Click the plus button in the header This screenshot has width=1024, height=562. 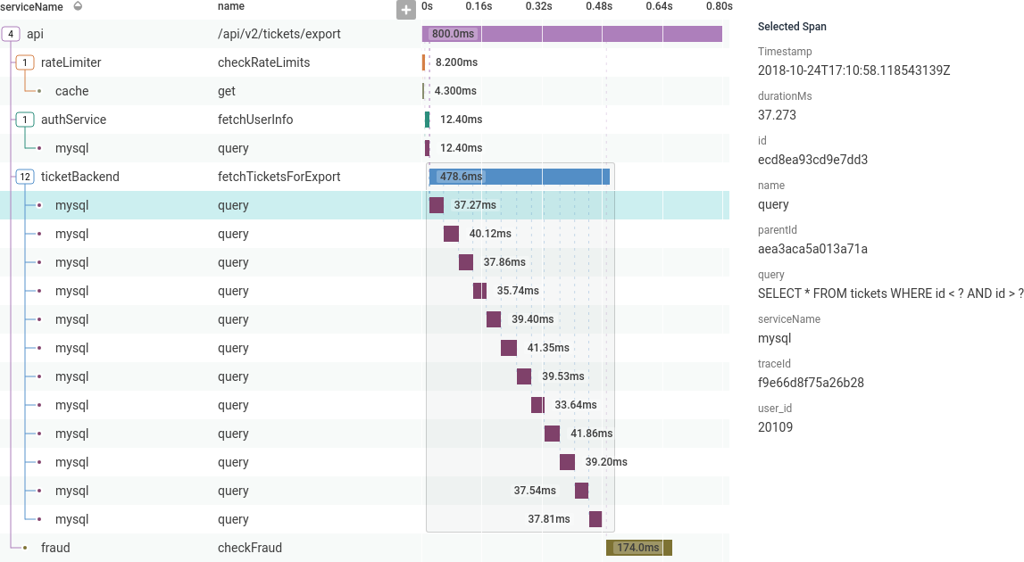[406, 10]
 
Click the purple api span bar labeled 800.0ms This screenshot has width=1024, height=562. [571, 34]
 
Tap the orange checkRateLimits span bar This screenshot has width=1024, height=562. [424, 62]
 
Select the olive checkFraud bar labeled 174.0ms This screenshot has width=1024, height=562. [638, 548]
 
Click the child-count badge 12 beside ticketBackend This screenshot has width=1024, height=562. [25, 177]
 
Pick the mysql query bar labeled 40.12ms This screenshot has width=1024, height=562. [451, 234]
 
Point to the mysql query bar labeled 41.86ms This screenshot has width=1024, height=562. [552, 434]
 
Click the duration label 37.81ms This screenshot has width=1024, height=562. [548, 519]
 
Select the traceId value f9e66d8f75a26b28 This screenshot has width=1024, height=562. [811, 383]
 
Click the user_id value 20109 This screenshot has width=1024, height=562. [775, 427]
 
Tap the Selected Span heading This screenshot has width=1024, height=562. [792, 27]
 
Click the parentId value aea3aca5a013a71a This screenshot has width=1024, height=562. [812, 249]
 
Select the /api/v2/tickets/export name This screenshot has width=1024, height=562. [279, 34]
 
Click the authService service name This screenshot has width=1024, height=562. [73, 120]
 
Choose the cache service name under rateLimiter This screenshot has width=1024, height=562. [71, 91]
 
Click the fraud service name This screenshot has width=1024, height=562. [55, 548]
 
